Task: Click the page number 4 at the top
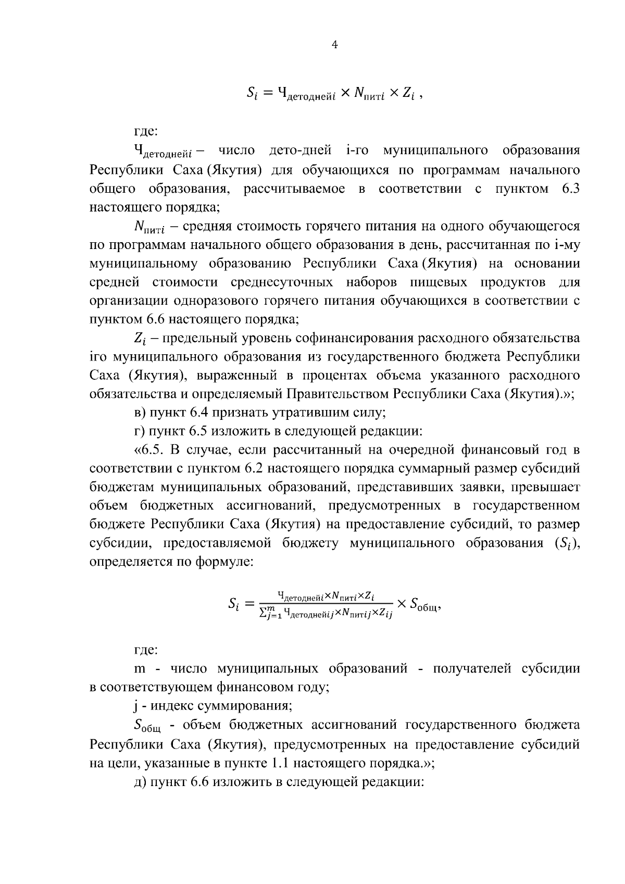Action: click(335, 45)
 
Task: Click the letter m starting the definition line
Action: click(140, 669)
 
